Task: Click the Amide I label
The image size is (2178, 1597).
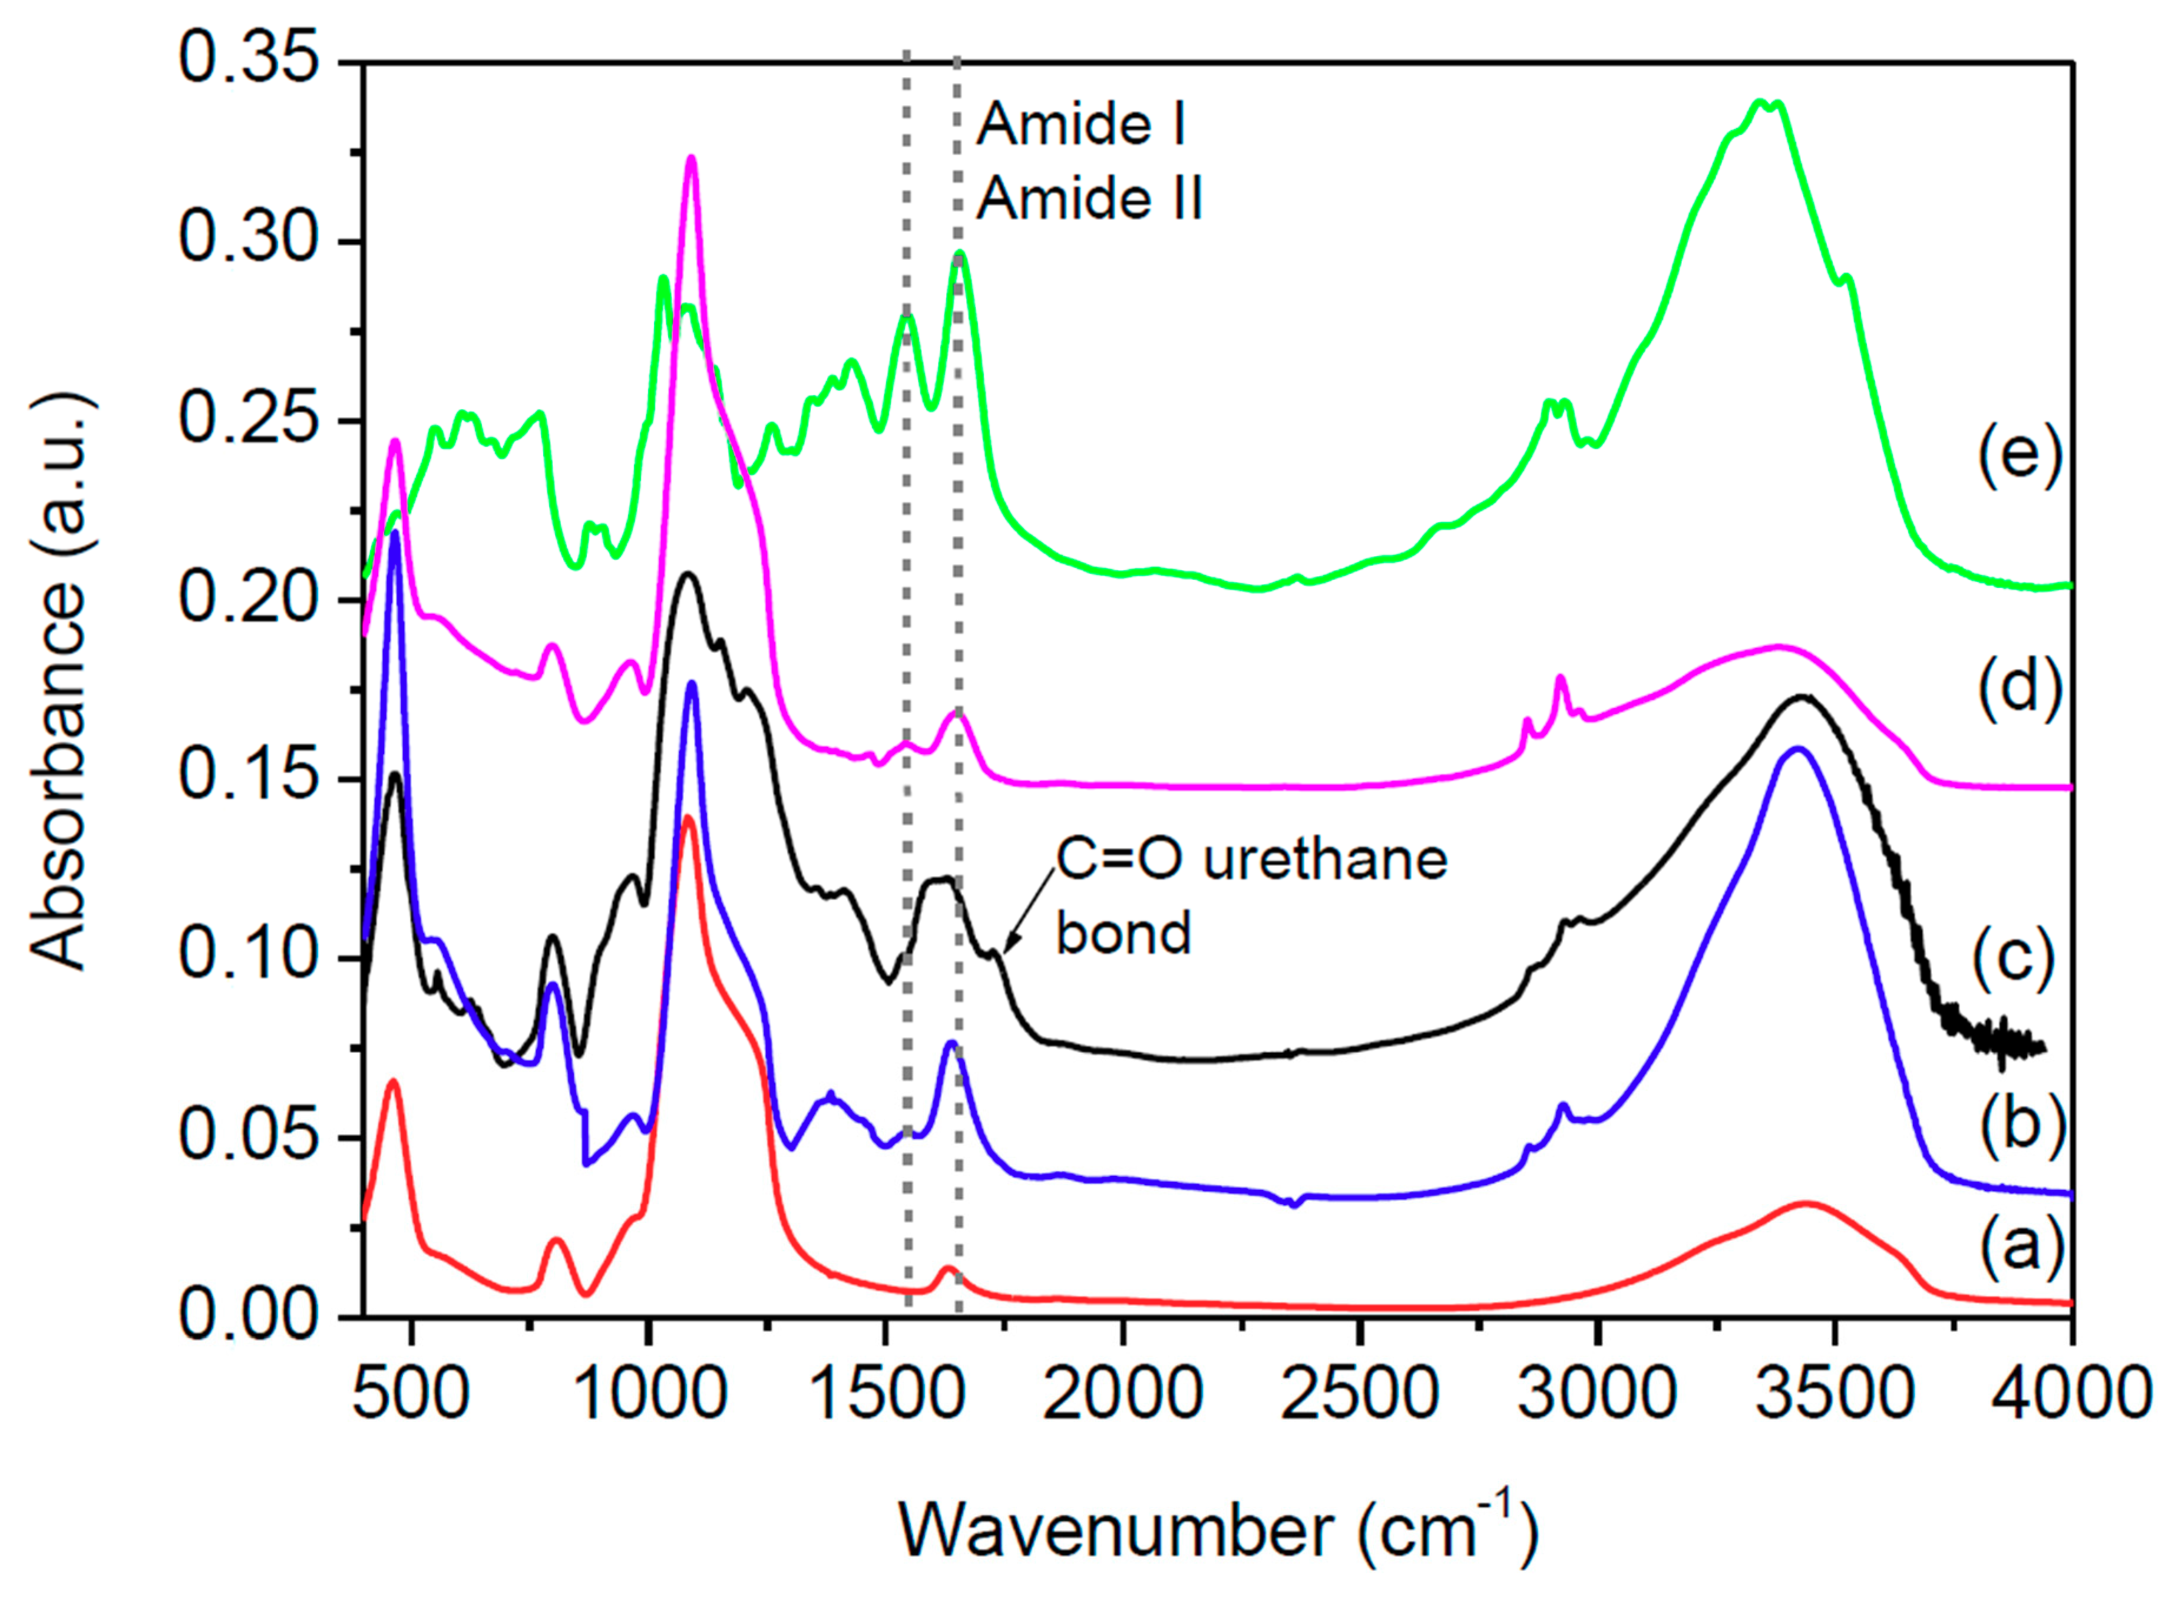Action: tap(1081, 125)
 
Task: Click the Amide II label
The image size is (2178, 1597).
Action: tap(1089, 200)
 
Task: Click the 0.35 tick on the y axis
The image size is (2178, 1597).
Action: tap(249, 60)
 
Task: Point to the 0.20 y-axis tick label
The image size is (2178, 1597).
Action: tap(249, 599)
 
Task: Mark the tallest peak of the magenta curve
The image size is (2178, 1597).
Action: tap(690, 160)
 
